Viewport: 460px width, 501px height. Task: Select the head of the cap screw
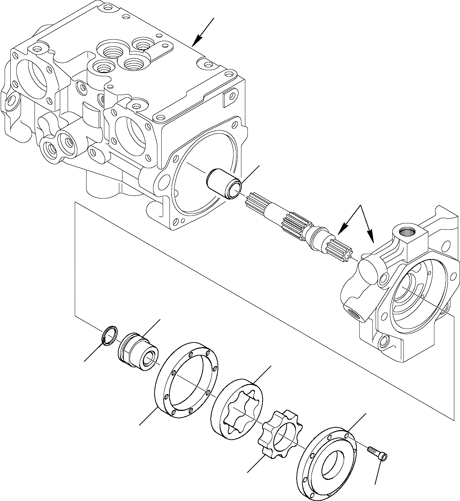[x=384, y=456]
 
